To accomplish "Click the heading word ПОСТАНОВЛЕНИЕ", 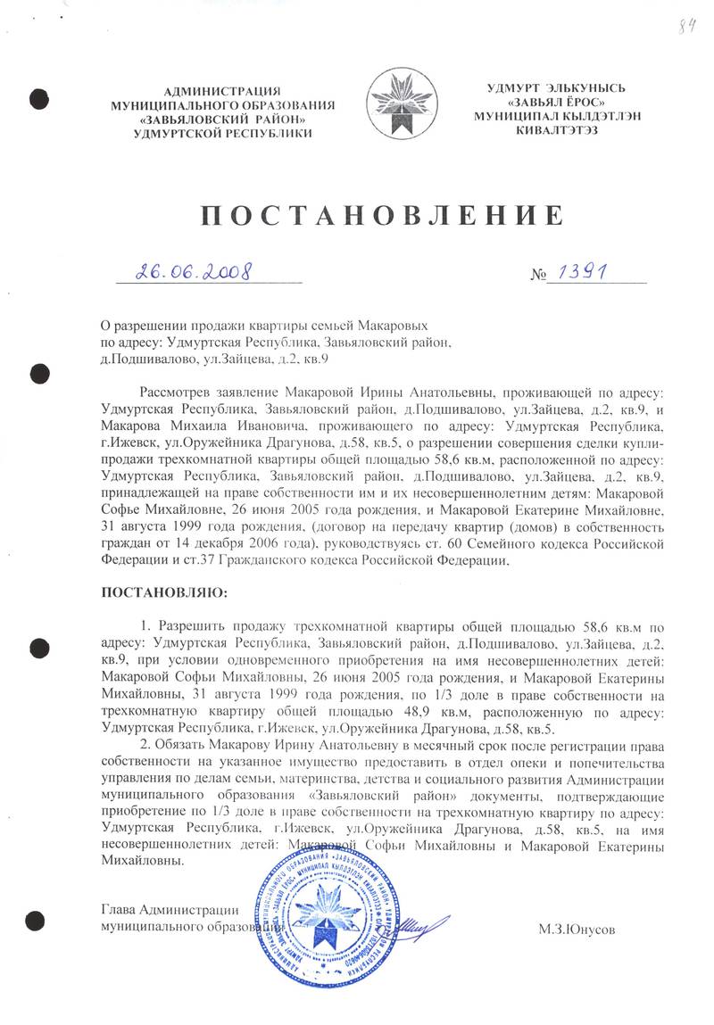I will pos(378,216).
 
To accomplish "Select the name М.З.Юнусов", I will pos(577,929).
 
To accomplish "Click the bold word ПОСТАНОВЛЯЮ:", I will pos(166,592).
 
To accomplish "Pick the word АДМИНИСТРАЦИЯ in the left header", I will pos(223,91).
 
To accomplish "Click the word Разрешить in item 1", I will pos(194,625).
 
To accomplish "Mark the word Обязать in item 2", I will pos(183,743).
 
